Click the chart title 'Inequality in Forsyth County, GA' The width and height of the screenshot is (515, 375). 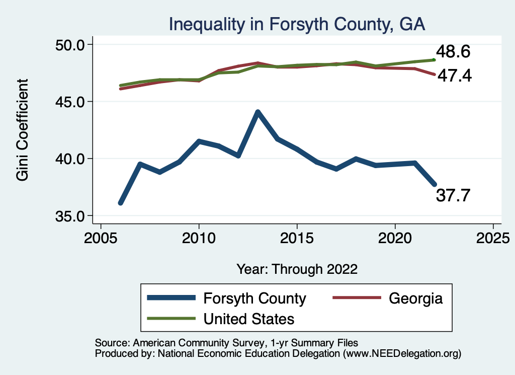click(297, 24)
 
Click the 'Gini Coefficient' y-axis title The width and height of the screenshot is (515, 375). click(23, 130)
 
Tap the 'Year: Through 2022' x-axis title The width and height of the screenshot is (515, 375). click(297, 269)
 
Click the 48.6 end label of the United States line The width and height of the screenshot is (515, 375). click(453, 52)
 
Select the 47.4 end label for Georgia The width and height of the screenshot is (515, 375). click(455, 76)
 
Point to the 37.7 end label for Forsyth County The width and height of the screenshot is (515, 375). click(453, 195)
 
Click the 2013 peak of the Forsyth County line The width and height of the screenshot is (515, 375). click(257, 112)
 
